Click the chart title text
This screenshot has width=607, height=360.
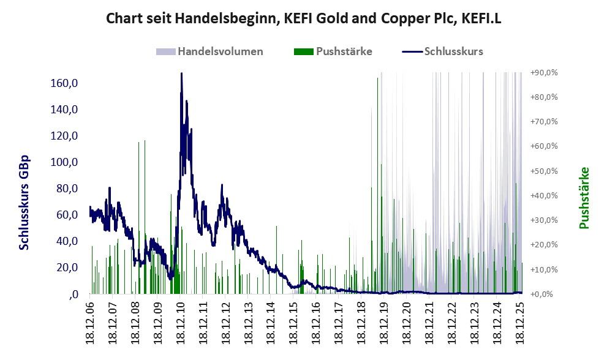pos(304,18)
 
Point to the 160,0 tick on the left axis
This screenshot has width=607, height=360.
pos(63,83)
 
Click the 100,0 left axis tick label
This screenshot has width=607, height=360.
pos(63,162)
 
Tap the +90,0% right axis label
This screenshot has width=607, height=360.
pos(544,72)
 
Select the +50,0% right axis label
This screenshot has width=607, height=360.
pos(544,171)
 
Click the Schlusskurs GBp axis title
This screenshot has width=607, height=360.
pos(25,202)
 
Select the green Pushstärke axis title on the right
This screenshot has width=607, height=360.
pos(584,198)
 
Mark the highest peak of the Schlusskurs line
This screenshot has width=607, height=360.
pos(181,73)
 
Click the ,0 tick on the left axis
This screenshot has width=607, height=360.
pos(74,294)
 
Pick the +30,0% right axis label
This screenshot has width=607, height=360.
pos(544,220)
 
